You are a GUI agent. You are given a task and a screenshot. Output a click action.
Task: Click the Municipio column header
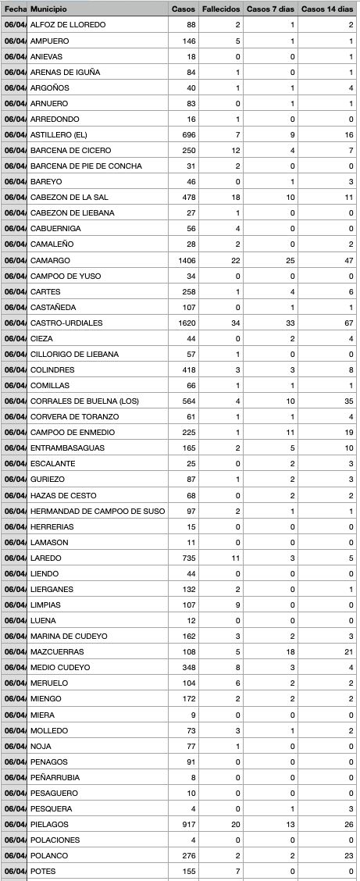click(x=48, y=9)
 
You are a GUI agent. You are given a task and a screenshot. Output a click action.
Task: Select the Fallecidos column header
click(x=220, y=9)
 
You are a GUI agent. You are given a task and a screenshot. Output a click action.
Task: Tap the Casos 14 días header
click(x=327, y=9)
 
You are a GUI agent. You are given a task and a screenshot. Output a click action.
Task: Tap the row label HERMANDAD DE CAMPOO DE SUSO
click(x=87, y=511)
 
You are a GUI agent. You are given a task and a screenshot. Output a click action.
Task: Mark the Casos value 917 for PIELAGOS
click(x=188, y=824)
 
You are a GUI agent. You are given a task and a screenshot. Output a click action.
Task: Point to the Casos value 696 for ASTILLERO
click(x=188, y=134)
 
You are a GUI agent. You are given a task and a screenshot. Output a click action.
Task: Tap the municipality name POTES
click(x=44, y=871)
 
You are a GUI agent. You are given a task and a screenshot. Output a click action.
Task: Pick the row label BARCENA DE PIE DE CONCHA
click(x=80, y=166)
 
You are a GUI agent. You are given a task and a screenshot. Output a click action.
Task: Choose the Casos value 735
click(x=188, y=558)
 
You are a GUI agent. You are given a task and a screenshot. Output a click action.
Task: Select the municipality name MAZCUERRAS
click(x=56, y=652)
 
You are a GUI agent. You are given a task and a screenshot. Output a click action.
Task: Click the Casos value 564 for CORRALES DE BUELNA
click(x=188, y=401)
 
